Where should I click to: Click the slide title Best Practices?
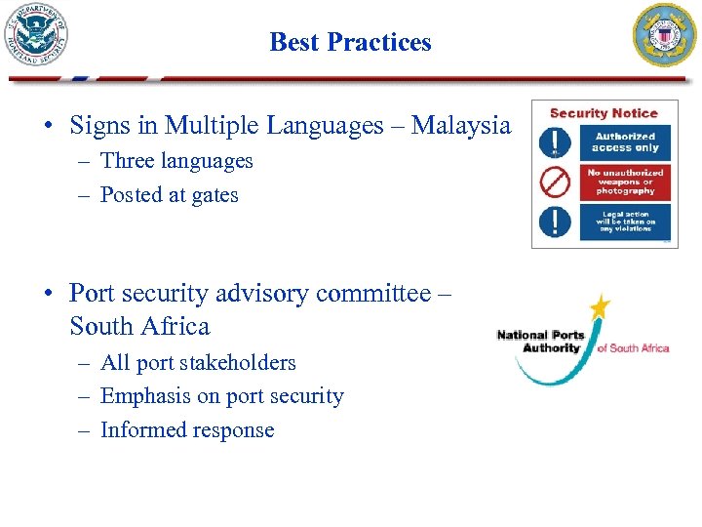(x=350, y=42)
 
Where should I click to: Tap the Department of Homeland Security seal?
(x=36, y=34)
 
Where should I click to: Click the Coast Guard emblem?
(x=666, y=34)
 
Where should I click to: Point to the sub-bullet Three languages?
(x=176, y=161)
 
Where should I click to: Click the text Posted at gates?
(x=170, y=195)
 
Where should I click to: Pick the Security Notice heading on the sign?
(x=604, y=113)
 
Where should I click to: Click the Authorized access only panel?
(x=625, y=142)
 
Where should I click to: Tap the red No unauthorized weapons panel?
(x=625, y=182)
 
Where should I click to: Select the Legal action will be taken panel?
(x=625, y=222)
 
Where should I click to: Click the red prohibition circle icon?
(x=556, y=182)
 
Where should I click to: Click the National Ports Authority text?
(x=540, y=342)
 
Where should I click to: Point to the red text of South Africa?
(x=632, y=348)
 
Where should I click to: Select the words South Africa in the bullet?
(x=139, y=326)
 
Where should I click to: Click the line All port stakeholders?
(x=198, y=363)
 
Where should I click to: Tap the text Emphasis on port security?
(x=222, y=396)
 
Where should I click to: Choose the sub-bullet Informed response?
(x=187, y=430)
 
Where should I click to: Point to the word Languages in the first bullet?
(x=322, y=126)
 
